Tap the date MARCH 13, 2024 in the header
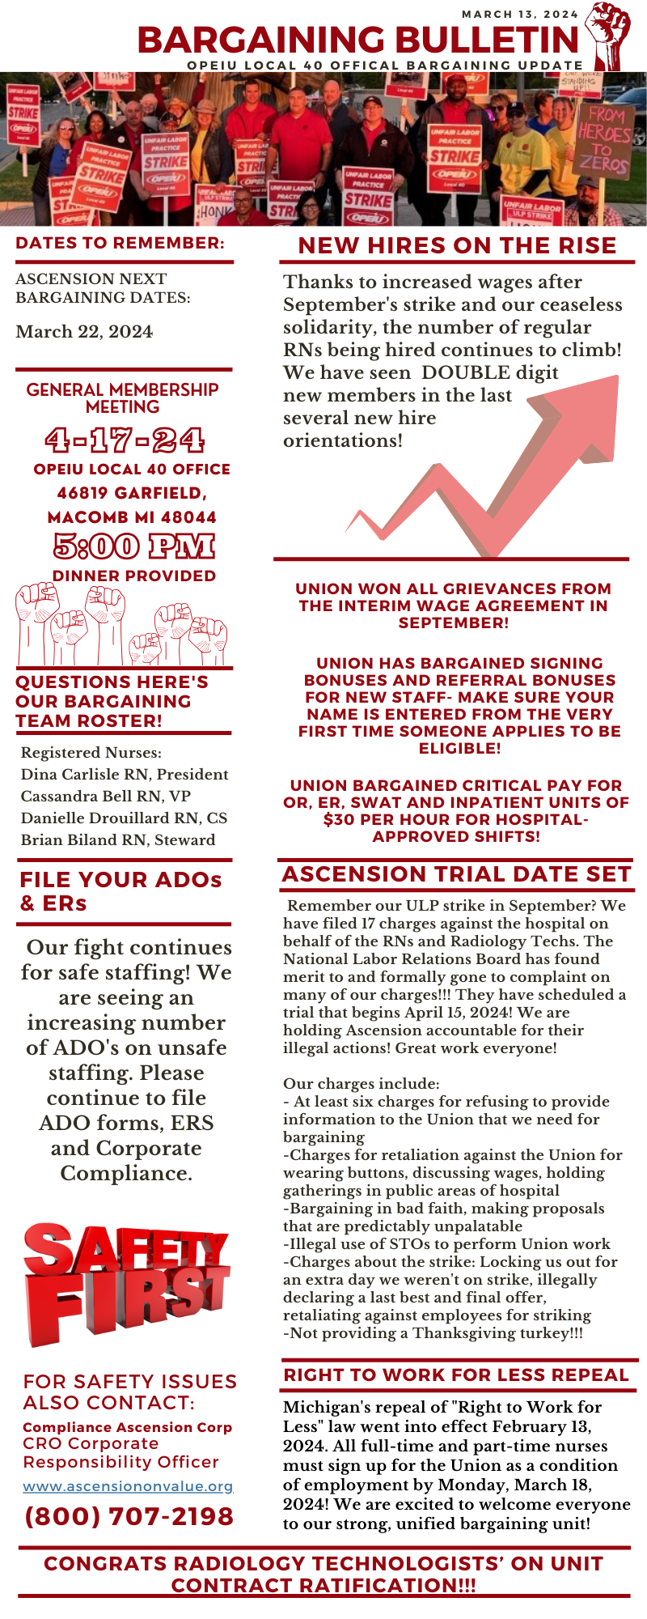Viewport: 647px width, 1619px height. [x=519, y=14]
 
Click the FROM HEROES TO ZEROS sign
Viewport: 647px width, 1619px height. [x=603, y=138]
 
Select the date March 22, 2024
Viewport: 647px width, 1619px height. [x=84, y=332]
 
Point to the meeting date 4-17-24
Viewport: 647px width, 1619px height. [x=125, y=440]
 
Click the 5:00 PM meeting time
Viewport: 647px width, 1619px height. [x=133, y=546]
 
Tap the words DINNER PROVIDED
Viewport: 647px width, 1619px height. [x=133, y=576]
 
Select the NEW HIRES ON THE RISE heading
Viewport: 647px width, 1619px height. [x=457, y=246]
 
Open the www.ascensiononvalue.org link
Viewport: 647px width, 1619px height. [x=128, y=1486]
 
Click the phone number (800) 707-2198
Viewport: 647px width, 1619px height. [x=129, y=1516]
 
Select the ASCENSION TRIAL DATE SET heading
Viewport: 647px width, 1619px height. [x=456, y=874]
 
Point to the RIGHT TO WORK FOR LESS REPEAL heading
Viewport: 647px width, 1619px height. [x=456, y=1375]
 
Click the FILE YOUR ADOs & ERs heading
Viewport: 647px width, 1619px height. [x=121, y=891]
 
